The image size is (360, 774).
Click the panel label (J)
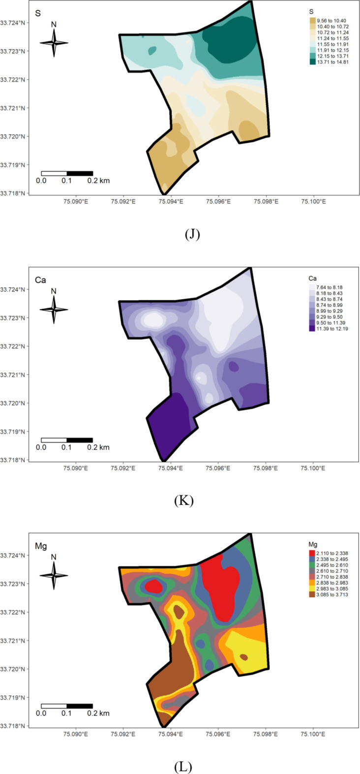coord(192,235)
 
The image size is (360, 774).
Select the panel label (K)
coord(184,501)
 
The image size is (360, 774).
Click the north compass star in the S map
coord(54,43)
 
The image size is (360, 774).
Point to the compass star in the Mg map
coord(54,575)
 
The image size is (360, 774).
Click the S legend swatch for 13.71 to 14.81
coord(313,62)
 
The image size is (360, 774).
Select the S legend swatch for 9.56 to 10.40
coord(313,20)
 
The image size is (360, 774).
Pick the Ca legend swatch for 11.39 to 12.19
coord(313,329)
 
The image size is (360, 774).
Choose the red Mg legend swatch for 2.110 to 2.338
coord(313,553)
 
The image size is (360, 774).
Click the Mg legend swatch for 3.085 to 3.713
coord(313,595)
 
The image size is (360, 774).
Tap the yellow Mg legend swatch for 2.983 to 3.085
coord(313,589)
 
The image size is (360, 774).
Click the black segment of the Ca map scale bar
coord(80,440)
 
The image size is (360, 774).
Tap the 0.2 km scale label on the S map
coord(98,181)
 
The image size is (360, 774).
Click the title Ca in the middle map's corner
coord(40,280)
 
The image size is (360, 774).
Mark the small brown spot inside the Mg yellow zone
coord(244,657)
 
